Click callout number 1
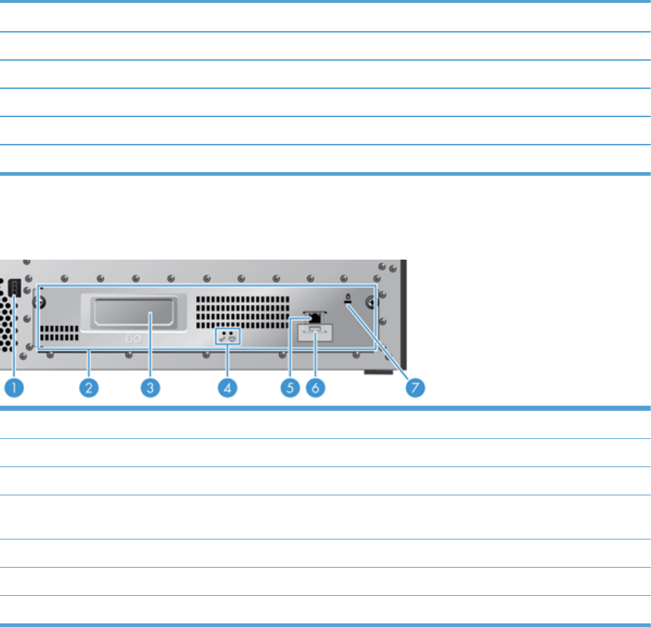[14, 388]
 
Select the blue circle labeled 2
[88, 388]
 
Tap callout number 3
[150, 388]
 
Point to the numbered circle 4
[227, 388]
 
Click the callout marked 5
[290, 388]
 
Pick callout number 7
[415, 388]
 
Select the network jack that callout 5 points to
[315, 318]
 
